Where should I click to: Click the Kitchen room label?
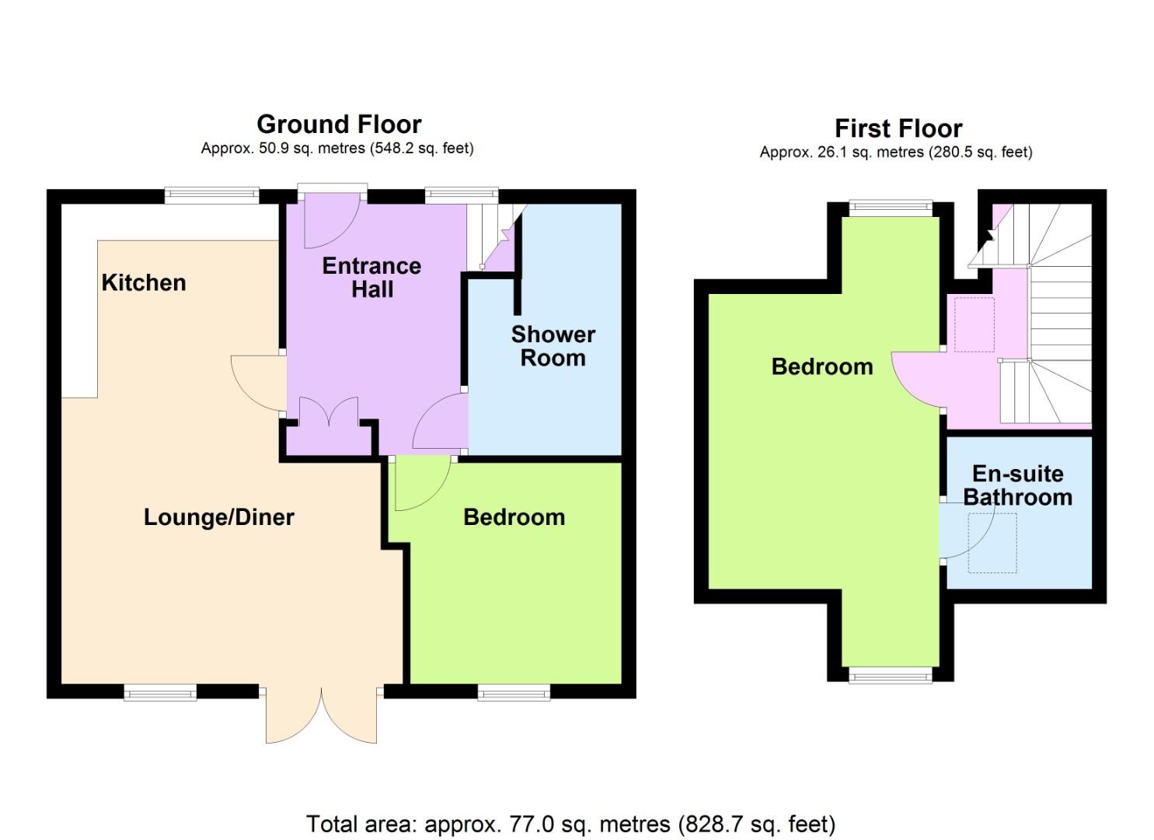[144, 283]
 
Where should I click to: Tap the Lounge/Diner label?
[219, 518]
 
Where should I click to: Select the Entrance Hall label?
[372, 278]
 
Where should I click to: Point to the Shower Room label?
[553, 347]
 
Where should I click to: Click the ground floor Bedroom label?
[514, 517]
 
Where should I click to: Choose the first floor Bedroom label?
[822, 367]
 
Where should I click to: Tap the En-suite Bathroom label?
[1018, 486]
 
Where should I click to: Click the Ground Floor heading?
[339, 124]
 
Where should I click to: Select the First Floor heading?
[898, 129]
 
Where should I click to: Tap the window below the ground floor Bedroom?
[514, 692]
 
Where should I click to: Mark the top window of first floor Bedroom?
[891, 208]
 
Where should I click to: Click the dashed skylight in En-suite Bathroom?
[992, 543]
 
